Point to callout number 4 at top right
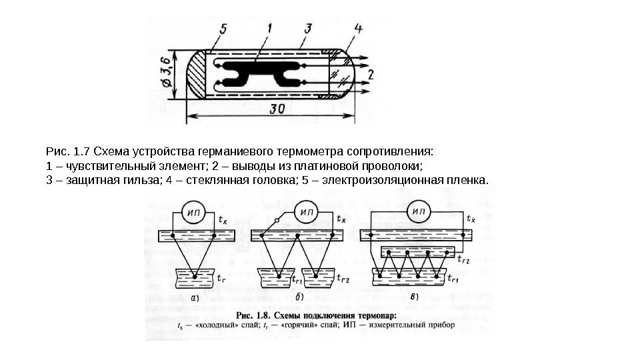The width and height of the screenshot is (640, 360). [358, 29]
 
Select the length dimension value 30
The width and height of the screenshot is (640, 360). [272, 110]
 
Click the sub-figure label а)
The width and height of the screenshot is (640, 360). [197, 297]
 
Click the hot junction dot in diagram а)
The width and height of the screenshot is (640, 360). [195, 275]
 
